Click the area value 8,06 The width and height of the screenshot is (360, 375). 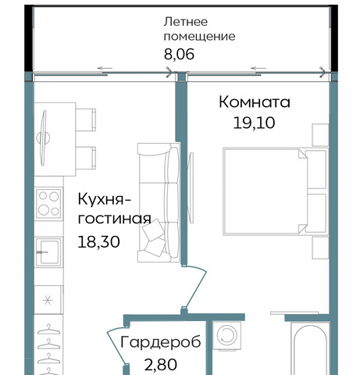point(179,55)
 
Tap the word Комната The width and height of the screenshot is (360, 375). point(255,102)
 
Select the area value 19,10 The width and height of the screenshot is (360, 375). point(254,123)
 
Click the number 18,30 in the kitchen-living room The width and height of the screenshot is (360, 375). point(99,241)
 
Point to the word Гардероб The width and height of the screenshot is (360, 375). point(161,341)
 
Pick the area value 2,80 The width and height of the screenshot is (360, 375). point(161,364)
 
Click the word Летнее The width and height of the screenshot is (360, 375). point(186,22)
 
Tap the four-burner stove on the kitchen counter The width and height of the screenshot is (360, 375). point(48,204)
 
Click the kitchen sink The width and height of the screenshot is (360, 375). point(48,252)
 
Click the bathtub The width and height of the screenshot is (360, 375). point(310,349)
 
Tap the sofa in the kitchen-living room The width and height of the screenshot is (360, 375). point(159,202)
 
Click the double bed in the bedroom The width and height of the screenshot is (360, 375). point(276,191)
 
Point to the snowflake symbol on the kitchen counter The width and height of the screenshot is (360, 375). point(48,301)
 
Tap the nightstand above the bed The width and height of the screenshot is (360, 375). point(320,135)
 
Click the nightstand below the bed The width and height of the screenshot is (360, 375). point(320,248)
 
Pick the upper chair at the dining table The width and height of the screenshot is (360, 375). point(86,120)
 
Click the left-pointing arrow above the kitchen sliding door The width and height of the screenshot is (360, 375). point(105,69)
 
